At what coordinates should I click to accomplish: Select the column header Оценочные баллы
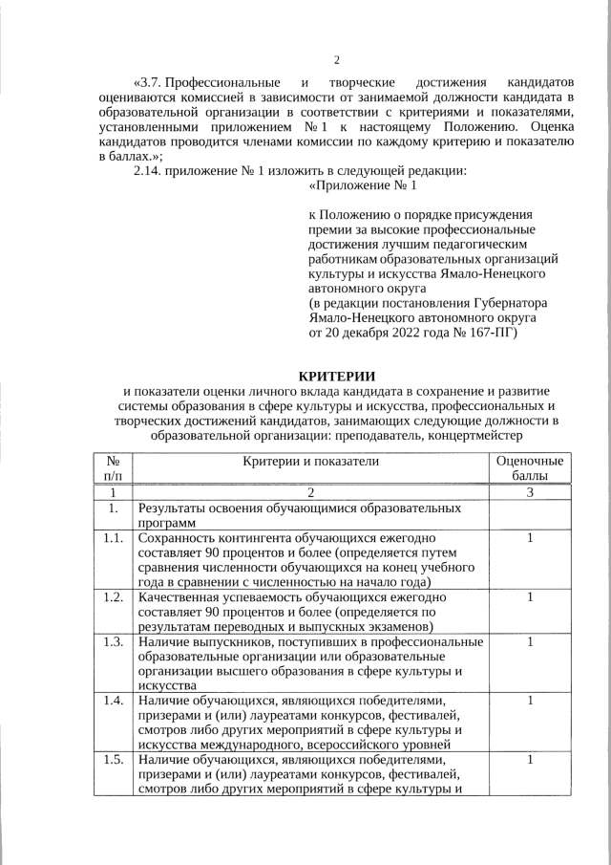[x=530, y=468]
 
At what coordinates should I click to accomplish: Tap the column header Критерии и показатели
[x=311, y=461]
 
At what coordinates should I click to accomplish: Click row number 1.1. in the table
[x=113, y=539]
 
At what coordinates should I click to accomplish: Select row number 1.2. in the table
[x=113, y=597]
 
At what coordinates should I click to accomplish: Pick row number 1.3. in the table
[x=113, y=641]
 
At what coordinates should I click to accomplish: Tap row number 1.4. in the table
[x=113, y=701]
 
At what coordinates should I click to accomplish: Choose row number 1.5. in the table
[x=113, y=760]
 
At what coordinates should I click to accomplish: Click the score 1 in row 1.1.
[x=530, y=539]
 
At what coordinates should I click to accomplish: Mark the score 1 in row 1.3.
[x=530, y=641]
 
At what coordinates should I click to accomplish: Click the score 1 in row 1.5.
[x=530, y=760]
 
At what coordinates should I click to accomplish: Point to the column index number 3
[x=530, y=492]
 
